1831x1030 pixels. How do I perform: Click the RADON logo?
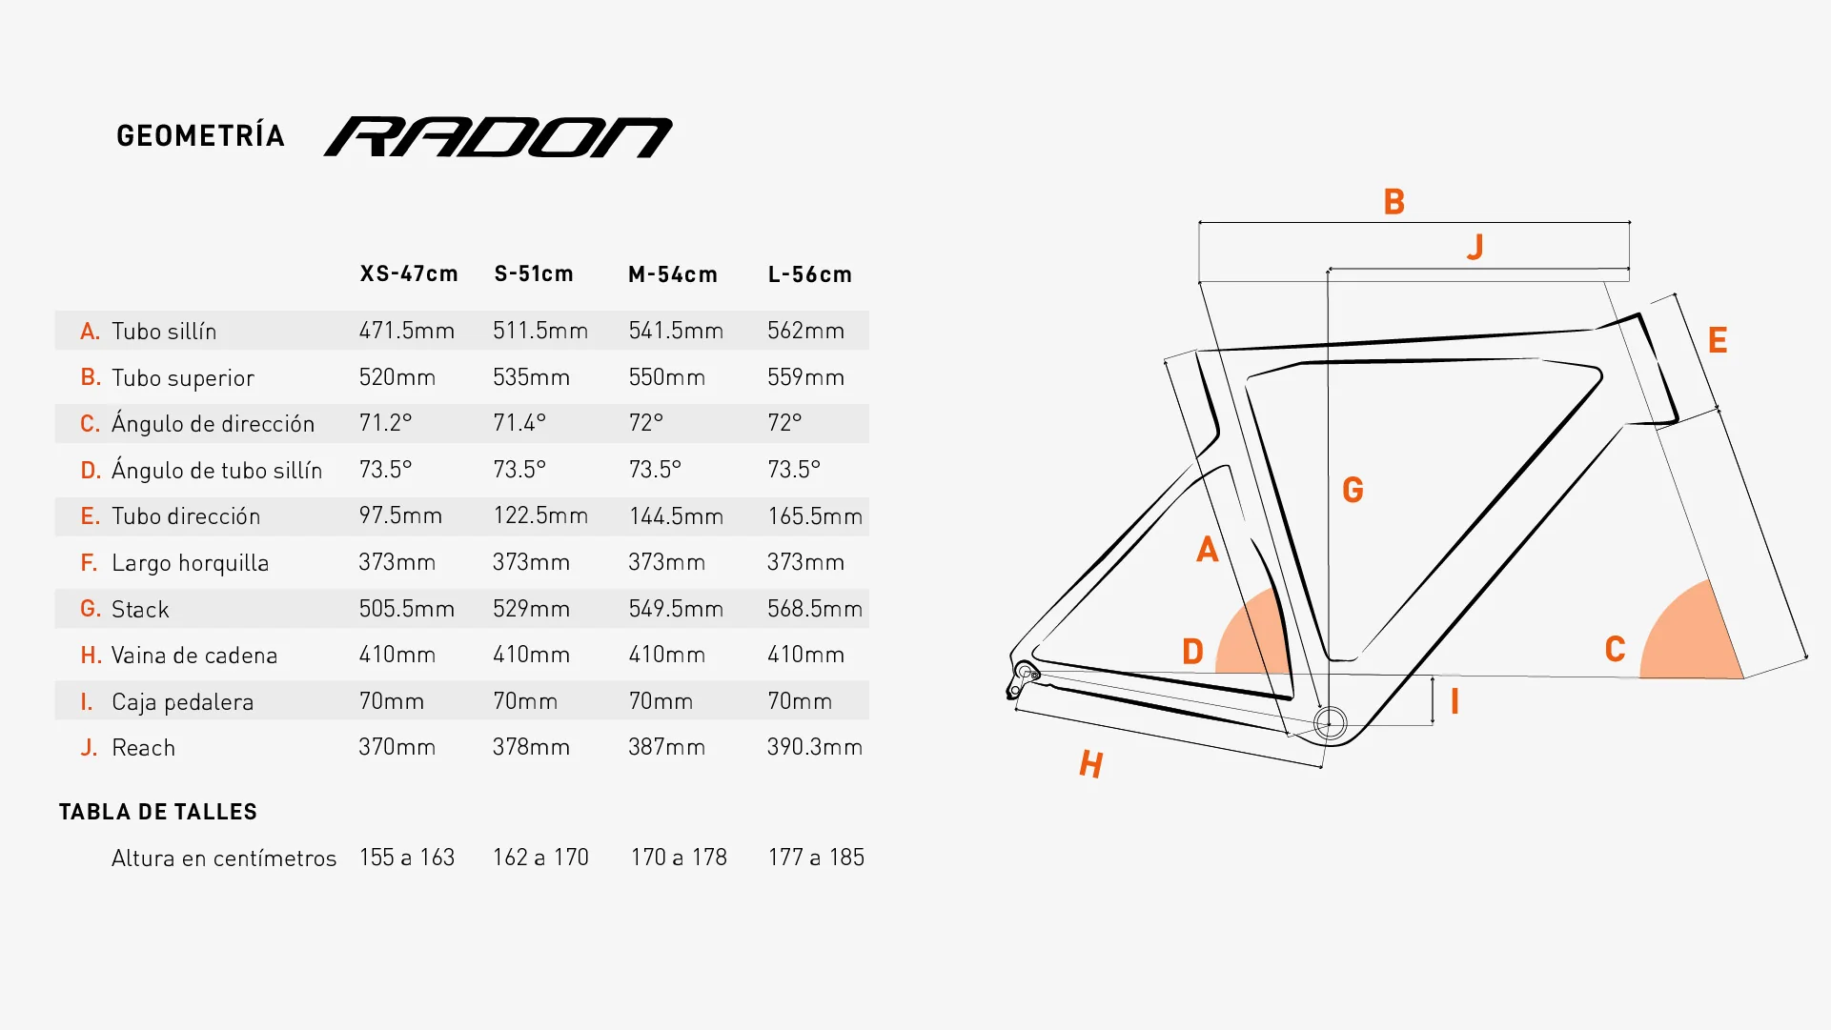pos(498,137)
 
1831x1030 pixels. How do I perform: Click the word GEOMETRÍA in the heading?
pos(200,135)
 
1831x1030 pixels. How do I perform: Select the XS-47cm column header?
pos(409,274)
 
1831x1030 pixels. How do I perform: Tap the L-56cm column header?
pos(810,274)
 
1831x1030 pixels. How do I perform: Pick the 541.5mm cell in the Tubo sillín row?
pos(676,331)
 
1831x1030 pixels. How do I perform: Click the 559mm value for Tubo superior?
pos(805,377)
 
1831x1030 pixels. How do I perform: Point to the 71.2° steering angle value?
pos(385,422)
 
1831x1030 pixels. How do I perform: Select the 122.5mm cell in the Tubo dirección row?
pos(540,515)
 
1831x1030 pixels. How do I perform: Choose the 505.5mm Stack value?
pos(407,608)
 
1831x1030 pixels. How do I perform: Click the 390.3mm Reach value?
pos(815,747)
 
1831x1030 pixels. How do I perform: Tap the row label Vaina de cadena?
pos(194,656)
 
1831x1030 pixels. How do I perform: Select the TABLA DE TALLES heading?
pos(158,812)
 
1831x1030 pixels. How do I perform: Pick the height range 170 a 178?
pos(679,858)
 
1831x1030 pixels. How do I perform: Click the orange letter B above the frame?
pos(1394,202)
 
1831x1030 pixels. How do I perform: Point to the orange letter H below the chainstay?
pos(1091,763)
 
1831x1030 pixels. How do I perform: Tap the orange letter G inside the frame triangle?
pos(1353,490)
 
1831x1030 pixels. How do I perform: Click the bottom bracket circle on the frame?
pos(1330,723)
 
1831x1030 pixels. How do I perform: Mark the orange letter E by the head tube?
pos(1718,340)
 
